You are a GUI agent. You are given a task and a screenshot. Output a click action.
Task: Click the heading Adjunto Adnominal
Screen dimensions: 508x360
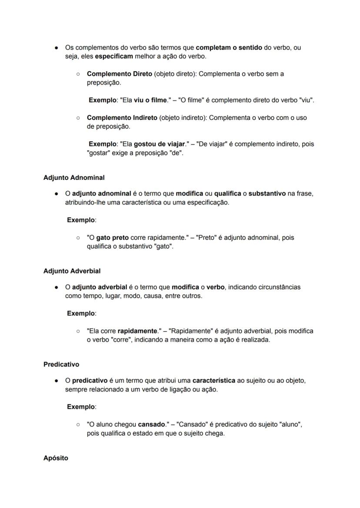click(74, 177)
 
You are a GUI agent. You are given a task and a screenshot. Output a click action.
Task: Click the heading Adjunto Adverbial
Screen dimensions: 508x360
click(72, 271)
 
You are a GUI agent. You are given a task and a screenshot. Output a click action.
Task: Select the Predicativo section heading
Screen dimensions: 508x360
click(61, 364)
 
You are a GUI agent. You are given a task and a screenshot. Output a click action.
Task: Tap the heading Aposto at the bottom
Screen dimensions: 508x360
click(56, 458)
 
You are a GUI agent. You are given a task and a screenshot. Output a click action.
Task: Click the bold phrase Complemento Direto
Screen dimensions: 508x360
click(120, 74)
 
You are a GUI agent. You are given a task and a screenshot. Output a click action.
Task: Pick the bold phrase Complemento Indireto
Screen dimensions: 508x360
click(122, 118)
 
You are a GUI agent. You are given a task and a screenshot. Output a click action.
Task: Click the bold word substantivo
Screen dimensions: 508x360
click(267, 193)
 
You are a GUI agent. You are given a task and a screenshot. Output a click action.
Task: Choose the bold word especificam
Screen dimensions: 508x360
click(114, 56)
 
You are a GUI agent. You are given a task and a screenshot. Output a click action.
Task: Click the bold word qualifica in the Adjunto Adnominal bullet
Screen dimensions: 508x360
click(227, 193)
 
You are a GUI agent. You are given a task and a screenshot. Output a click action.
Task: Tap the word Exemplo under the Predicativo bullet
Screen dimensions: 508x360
click(81, 407)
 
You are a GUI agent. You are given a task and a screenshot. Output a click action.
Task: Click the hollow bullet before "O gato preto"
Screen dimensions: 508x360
click(78, 238)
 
